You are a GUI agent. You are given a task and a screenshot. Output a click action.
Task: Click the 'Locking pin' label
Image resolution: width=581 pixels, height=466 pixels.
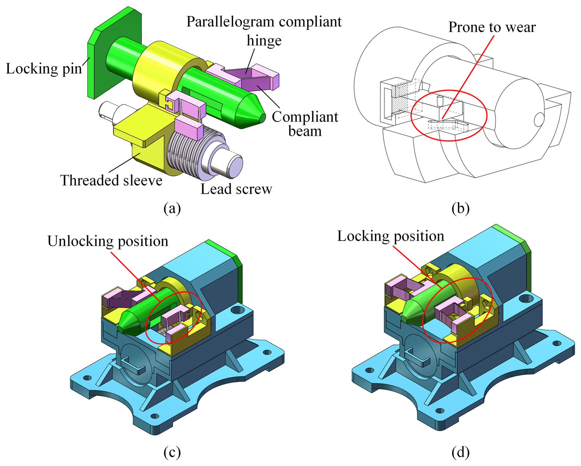44,69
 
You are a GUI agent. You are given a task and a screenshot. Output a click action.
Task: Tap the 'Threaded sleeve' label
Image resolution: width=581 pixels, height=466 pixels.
111,181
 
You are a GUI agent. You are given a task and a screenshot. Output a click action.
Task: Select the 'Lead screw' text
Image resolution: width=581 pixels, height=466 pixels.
236,189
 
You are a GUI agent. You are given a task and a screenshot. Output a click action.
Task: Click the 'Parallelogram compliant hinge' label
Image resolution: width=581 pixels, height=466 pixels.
264,31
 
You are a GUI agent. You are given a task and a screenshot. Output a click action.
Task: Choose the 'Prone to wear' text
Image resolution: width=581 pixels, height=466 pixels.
492,27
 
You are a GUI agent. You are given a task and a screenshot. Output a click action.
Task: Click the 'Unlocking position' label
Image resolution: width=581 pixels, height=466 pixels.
108,241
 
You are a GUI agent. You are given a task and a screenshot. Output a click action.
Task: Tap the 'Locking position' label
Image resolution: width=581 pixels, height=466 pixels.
390,236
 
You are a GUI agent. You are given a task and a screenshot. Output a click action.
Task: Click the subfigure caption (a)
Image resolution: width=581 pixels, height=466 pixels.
172,208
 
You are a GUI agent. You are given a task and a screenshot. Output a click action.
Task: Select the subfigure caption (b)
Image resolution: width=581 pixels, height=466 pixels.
460,208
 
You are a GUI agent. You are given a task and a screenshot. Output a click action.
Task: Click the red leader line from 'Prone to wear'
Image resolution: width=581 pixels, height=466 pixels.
470,74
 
